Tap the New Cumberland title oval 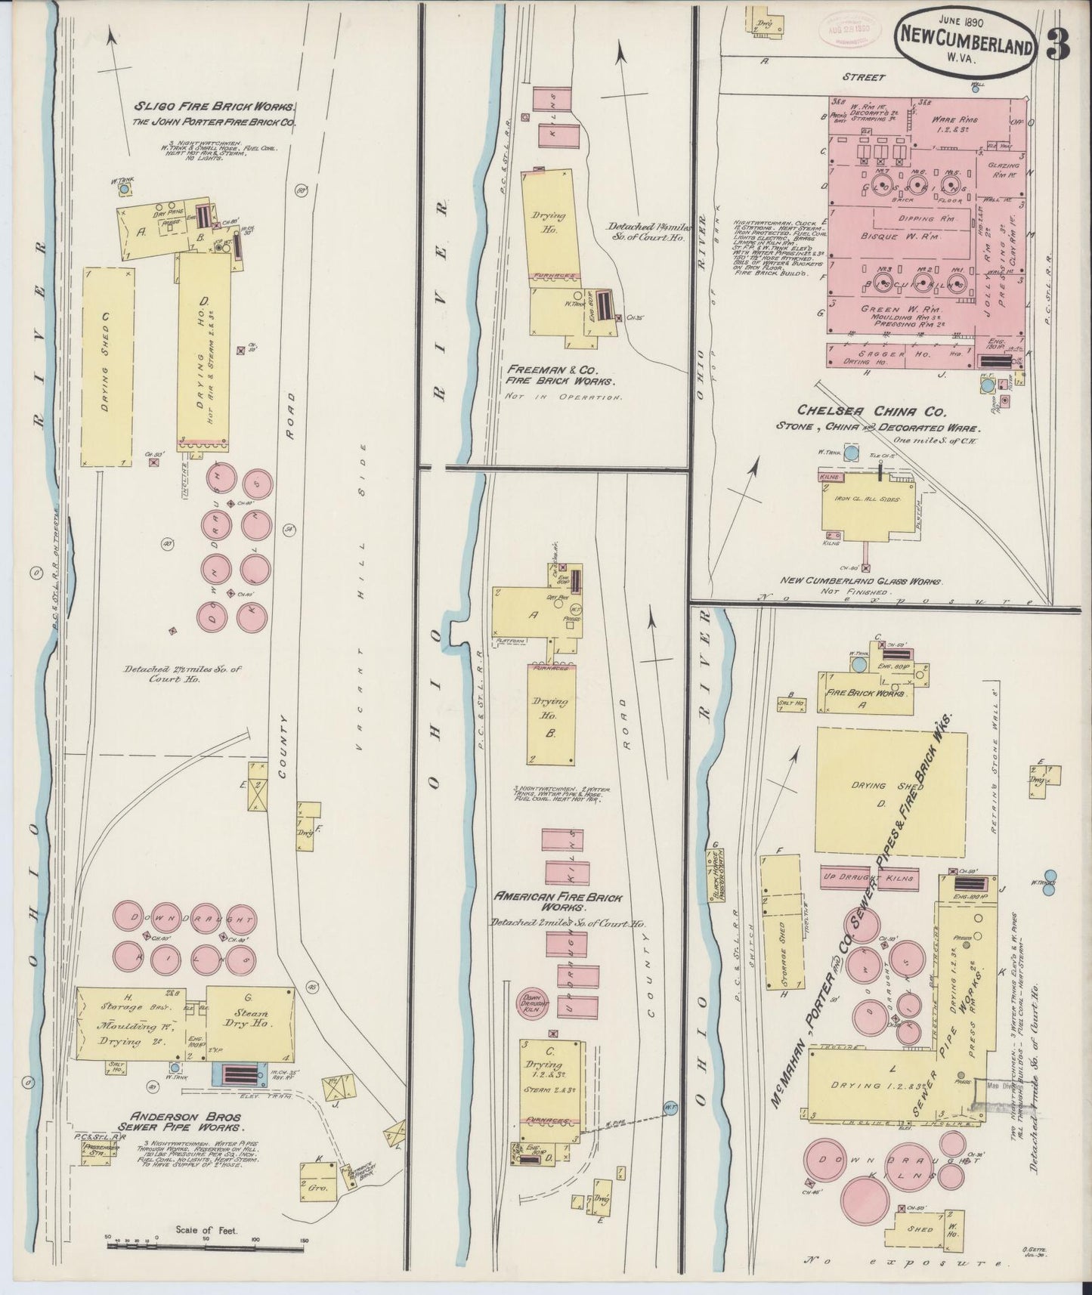(x=965, y=46)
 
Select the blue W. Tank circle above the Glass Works (x=852, y=453)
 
